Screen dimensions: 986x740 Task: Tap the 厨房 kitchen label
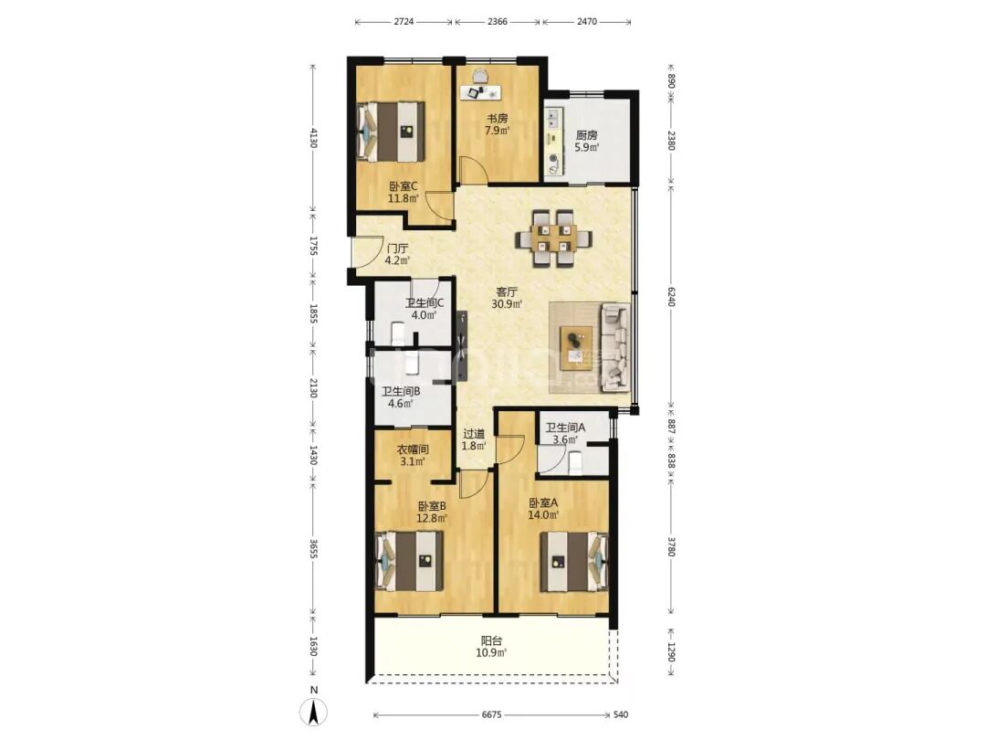coord(587,135)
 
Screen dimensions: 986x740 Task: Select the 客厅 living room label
coord(507,292)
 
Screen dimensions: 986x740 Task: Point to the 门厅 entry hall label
coord(397,248)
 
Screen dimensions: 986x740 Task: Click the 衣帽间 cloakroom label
coord(413,449)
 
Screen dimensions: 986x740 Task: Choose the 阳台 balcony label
coord(492,640)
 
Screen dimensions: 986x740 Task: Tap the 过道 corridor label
coord(474,434)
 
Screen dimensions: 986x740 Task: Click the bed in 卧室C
coord(391,132)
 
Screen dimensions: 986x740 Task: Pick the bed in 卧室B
coord(409,561)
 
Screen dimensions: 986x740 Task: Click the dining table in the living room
coord(554,239)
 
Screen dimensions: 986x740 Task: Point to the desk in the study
coord(480,92)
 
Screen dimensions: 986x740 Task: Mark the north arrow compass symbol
coord(314,712)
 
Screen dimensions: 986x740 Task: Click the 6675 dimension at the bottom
coord(492,714)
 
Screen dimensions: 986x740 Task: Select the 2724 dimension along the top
coord(404,22)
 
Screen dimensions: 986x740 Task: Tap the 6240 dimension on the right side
coord(671,296)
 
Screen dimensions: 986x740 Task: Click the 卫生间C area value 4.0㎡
coord(425,314)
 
